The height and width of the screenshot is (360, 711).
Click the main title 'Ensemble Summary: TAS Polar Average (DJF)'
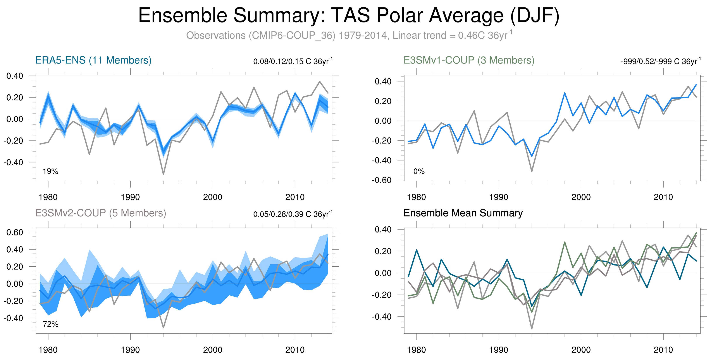pos(349,15)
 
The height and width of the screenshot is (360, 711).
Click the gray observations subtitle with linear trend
pos(349,36)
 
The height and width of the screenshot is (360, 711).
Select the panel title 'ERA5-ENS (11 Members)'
pos(93,60)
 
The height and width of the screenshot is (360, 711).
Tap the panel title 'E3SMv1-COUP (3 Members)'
pos(469,60)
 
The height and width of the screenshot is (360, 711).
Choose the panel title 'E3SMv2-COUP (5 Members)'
pos(100,213)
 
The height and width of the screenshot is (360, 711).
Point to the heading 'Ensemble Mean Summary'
pos(463,213)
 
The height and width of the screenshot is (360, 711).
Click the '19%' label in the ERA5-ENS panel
pos(50,171)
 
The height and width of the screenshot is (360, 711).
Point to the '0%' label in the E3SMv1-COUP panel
pos(419,171)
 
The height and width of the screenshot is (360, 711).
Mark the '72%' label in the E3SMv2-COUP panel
pos(50,324)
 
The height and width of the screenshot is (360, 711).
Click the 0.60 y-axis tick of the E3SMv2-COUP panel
pos(15,232)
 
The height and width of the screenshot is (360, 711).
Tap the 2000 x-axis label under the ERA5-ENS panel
pos(213,197)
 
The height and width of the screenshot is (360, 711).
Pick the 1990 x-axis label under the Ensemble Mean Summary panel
pos(498,350)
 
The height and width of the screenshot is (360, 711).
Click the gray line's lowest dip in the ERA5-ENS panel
pos(164,174)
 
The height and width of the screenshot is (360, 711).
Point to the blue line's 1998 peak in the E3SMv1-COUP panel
pos(565,93)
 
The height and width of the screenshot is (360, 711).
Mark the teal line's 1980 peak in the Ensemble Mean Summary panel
pos(417,250)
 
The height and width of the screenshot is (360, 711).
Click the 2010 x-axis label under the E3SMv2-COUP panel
pos(295,350)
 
